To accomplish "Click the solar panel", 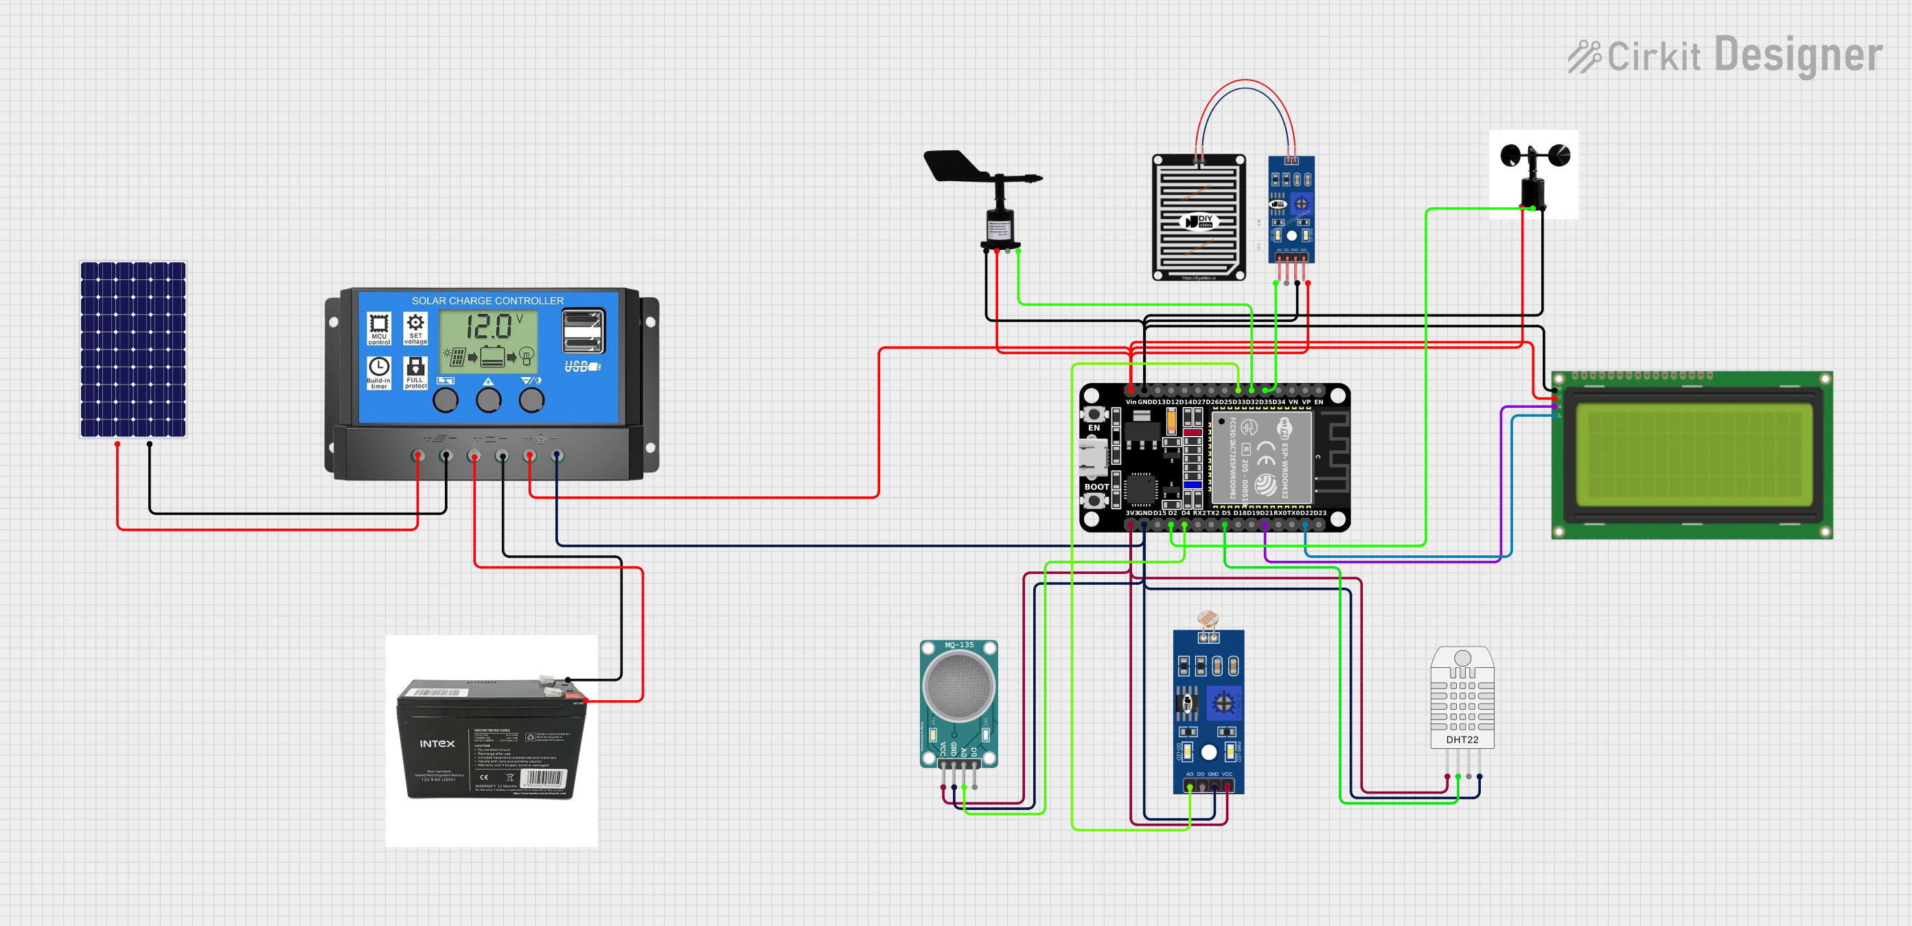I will pos(133,349).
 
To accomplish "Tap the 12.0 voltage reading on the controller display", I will pos(488,327).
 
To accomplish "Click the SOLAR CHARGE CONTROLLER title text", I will pos(487,301).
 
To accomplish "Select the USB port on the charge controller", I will pos(584,332).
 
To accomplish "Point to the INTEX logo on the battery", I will pos(437,743).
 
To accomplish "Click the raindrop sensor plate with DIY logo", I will pos(1198,218).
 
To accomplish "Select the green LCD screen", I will pos(1692,454).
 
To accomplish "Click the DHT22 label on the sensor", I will pos(1462,740).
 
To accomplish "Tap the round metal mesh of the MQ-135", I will pos(958,686).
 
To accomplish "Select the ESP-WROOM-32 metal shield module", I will pos(1262,457).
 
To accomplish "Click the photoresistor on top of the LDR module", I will pos(1208,618).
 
